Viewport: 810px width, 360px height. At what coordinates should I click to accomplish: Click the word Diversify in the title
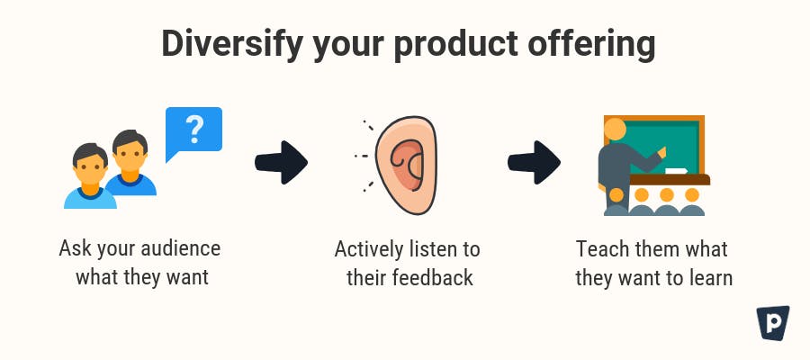coord(232,45)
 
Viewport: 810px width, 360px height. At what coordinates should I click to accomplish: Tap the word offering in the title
coord(591,45)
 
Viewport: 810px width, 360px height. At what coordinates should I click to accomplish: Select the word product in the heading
coord(455,44)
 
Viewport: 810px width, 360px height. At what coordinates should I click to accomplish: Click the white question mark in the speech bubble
coord(194,129)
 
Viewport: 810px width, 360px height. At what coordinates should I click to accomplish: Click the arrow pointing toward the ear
coord(281,162)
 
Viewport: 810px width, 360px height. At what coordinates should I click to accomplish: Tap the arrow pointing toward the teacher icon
coord(534,162)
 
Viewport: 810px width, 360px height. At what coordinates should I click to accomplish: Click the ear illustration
coord(407,166)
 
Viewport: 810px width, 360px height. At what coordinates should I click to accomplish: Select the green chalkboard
coord(657,146)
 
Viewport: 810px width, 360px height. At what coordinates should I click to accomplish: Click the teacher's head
coord(616,129)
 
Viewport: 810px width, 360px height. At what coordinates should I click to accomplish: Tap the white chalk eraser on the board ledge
coord(677,171)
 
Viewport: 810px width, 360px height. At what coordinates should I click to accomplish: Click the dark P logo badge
coord(773,323)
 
